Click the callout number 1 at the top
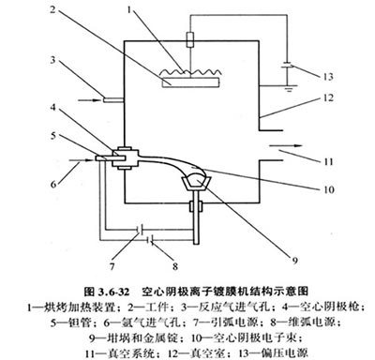130,9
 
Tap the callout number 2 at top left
52,9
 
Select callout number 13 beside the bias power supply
328,77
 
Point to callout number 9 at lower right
294,260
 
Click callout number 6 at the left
53,184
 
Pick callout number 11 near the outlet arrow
328,162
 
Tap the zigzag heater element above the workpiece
191,72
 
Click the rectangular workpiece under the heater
191,82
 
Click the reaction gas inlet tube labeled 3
113,100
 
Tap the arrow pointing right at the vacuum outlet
286,145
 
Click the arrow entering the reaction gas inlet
89,100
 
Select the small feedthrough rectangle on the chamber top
190,39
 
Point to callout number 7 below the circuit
112,266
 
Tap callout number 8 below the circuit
175,266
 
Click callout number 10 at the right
328,189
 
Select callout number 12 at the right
328,97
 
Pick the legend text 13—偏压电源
273,353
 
